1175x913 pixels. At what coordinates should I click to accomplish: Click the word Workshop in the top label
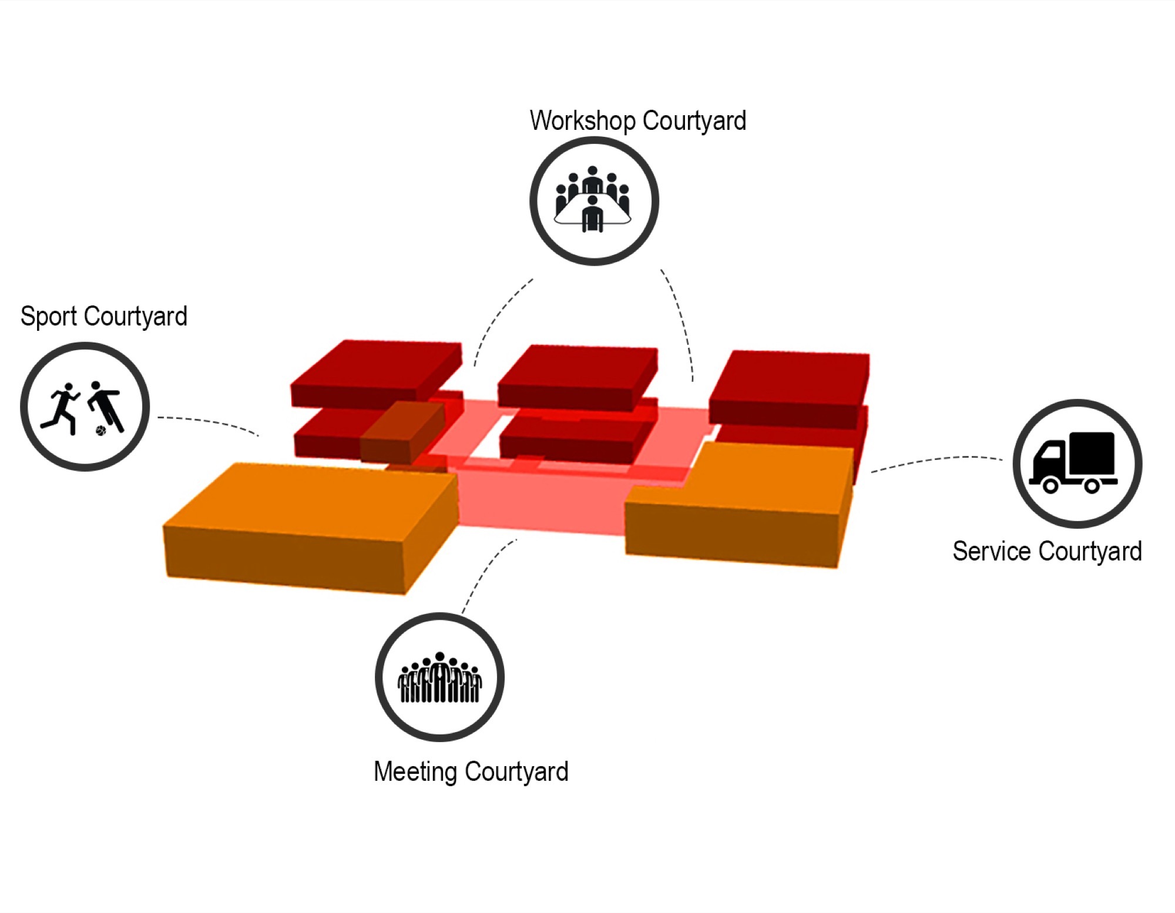tap(583, 121)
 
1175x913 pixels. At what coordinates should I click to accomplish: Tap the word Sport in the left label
tap(49, 317)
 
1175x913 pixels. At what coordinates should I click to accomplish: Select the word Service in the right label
tap(991, 552)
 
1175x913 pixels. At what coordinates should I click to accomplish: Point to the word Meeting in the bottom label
tap(415, 772)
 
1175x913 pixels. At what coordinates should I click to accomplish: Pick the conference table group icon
tap(593, 200)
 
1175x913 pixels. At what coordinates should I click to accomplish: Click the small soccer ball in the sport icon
tap(101, 431)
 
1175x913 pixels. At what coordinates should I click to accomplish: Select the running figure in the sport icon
tap(62, 408)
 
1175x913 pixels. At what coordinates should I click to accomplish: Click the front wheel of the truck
tap(1050, 485)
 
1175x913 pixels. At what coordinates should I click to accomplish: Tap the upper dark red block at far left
tap(376, 372)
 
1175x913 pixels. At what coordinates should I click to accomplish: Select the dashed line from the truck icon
tap(937, 460)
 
